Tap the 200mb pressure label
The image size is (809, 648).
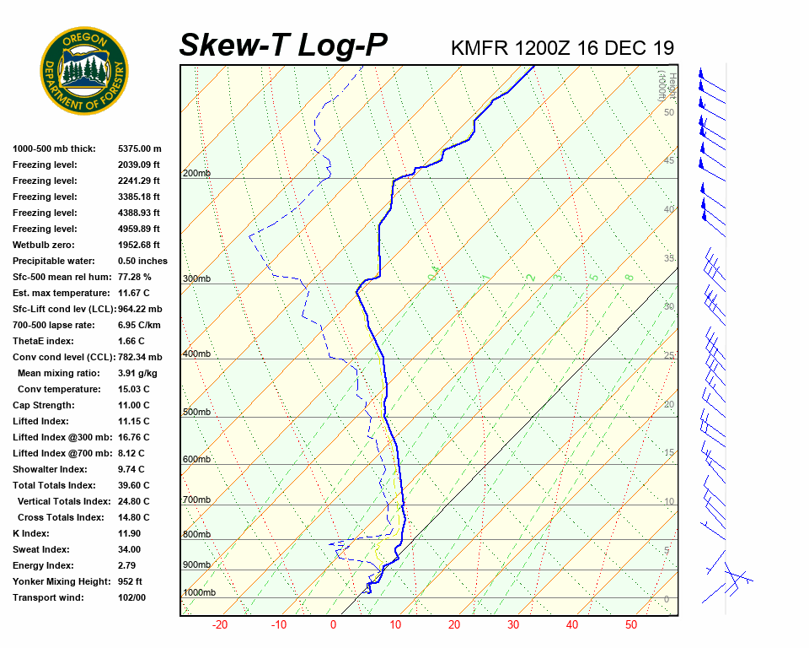click(x=196, y=173)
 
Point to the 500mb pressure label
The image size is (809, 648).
click(x=196, y=412)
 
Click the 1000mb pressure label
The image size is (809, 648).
click(x=199, y=592)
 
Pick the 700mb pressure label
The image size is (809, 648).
click(x=196, y=499)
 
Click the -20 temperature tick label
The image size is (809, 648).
click(x=220, y=625)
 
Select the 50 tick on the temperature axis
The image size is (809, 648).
click(x=631, y=625)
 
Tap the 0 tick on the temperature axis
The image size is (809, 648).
click(x=333, y=625)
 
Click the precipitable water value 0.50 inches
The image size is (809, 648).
click(x=142, y=261)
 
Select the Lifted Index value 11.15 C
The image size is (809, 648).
click(x=133, y=421)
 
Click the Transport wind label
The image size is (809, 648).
click(x=47, y=597)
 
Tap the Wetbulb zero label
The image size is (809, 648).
click(x=45, y=245)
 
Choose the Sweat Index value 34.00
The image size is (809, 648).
click(x=130, y=549)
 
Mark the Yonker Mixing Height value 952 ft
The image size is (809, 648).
click(x=130, y=581)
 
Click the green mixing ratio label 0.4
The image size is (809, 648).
click(x=434, y=273)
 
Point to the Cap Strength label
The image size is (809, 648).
click(x=45, y=405)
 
